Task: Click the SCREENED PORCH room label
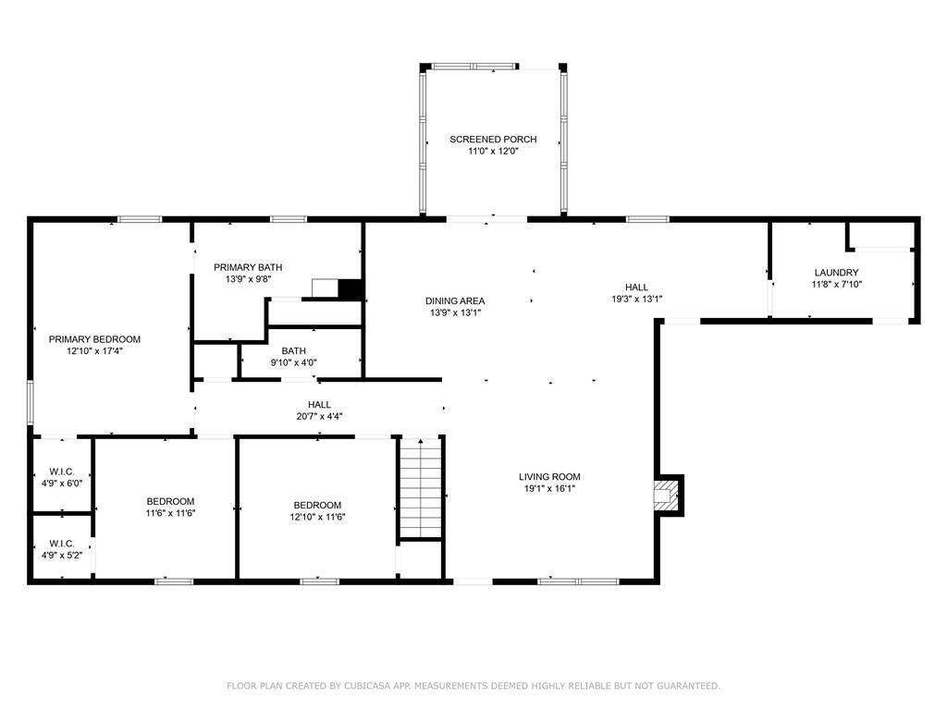493,140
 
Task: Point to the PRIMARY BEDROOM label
95,339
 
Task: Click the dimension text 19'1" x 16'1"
549,488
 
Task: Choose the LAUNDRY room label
836,273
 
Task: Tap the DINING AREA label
455,300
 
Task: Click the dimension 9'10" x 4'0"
293,362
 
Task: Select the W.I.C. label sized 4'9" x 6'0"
62,471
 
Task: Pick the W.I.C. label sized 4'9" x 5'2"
62,544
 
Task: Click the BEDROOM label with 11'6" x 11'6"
170,501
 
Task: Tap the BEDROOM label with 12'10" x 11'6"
318,505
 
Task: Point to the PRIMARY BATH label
248,267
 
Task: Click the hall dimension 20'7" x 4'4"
319,416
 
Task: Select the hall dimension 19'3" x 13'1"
637,299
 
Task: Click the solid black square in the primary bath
350,288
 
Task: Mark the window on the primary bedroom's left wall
31,401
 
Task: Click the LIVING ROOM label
549,477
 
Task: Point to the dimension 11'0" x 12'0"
494,151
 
